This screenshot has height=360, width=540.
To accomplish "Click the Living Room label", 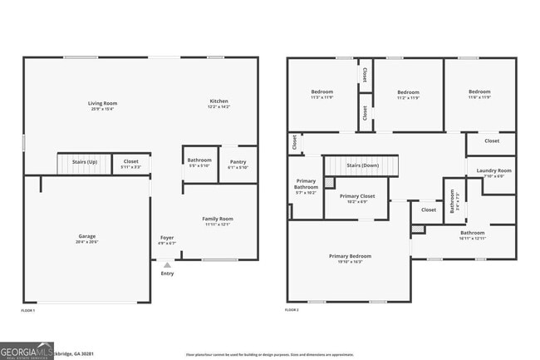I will tap(103, 103).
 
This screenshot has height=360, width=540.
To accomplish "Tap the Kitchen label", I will tap(218, 101).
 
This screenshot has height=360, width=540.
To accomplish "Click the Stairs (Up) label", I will tap(85, 161).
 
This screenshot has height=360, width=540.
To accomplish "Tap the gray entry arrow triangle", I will tap(167, 265).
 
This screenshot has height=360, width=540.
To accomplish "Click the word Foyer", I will tap(167, 238).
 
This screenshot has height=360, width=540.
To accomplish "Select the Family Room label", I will tap(218, 219).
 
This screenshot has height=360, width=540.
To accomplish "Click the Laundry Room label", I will tap(493, 171).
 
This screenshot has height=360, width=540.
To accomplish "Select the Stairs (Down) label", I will tap(363, 165).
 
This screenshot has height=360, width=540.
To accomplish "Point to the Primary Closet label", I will tap(357, 196).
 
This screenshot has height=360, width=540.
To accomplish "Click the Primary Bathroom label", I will tap(306, 187).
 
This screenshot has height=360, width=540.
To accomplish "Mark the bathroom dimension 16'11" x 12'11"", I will tap(473, 239).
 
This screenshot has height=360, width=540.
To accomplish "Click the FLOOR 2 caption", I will tap(292, 309).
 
